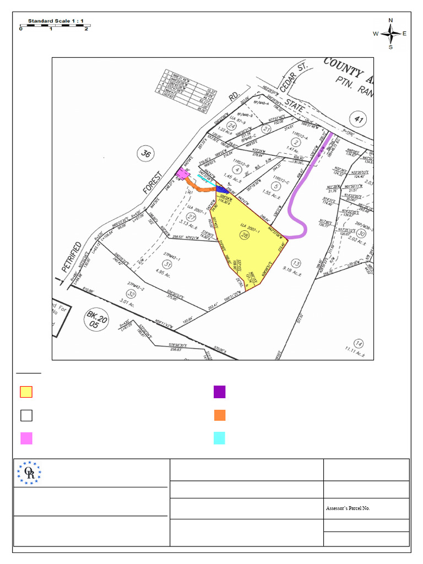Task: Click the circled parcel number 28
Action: [244, 235]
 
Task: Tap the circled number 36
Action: [145, 154]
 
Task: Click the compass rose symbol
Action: [391, 34]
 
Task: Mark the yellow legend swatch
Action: [26, 392]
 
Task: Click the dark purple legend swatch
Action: [219, 392]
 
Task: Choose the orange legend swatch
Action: [219, 415]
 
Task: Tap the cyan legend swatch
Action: [219, 438]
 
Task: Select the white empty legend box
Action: [26, 415]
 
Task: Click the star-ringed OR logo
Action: [29, 473]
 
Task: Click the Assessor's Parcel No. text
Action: [348, 508]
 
